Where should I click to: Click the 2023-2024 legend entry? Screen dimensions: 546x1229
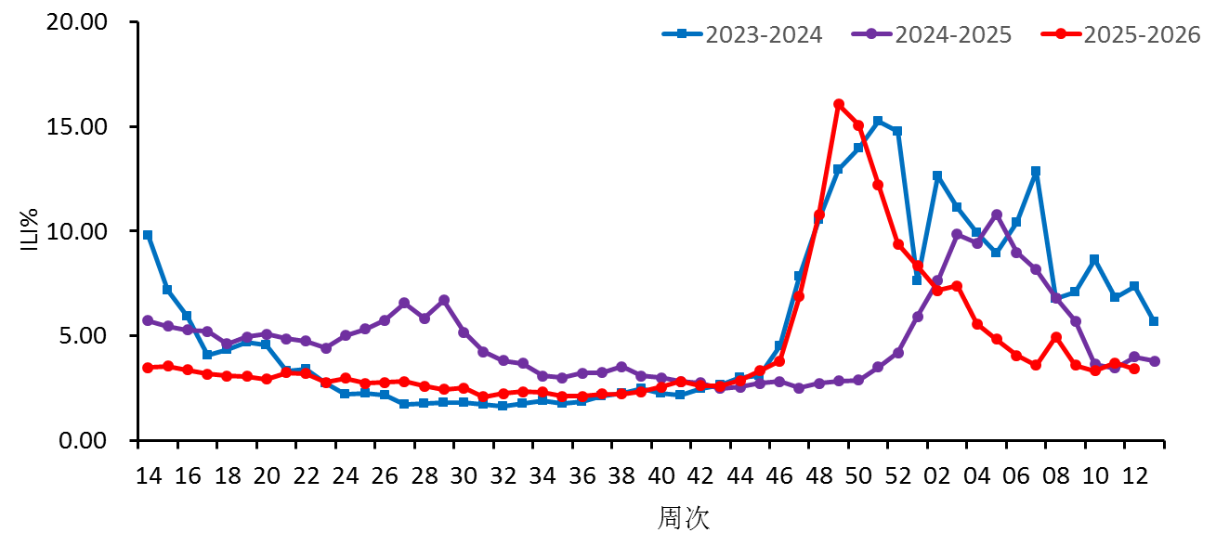743,34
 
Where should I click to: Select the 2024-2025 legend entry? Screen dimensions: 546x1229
932,34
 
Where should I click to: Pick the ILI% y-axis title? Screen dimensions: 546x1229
29,230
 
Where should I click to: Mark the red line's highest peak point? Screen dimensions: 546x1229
839,104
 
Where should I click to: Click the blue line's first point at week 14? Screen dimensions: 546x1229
148,235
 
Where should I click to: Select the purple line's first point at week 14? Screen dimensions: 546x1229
148,320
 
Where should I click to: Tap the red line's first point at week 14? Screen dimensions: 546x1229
148,368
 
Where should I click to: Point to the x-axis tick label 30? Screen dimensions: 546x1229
464,476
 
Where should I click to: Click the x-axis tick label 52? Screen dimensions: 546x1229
898,476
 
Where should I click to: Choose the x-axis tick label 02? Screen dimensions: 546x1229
937,476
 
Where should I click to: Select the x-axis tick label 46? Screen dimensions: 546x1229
779,476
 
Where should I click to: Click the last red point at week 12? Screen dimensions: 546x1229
1134,369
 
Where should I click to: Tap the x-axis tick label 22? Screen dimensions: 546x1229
306,476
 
